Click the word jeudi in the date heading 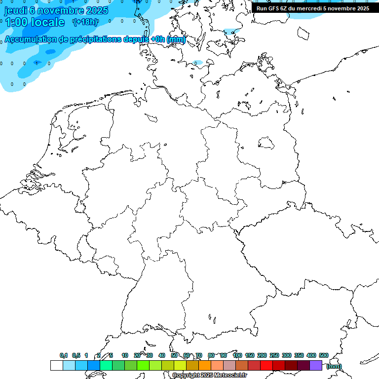[x=15, y=10]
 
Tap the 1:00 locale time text [x=35, y=22]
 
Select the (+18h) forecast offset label [x=85, y=22]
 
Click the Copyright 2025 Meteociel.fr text [x=209, y=376]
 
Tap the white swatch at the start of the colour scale [x=56, y=366]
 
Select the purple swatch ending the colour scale [x=316, y=366]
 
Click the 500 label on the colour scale [x=324, y=355]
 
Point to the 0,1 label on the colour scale [x=64, y=355]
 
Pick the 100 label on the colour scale [x=237, y=355]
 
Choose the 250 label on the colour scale [x=274, y=355]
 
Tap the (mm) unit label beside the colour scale [x=334, y=366]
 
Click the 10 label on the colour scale [x=125, y=355]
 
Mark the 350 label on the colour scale [x=299, y=355]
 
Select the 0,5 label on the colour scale [x=76, y=355]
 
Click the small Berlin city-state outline [x=266, y=143]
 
